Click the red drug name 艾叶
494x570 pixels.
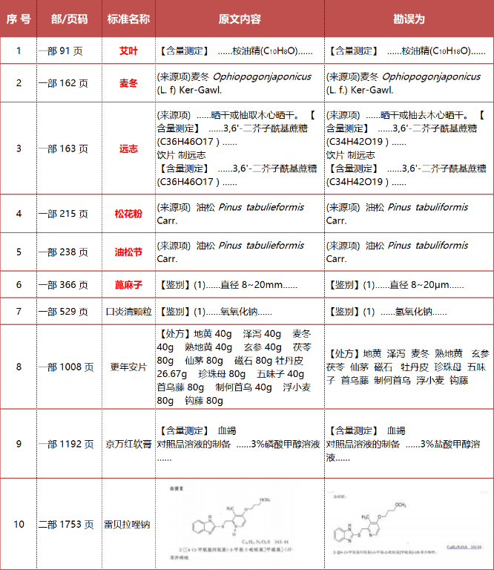point(128,51)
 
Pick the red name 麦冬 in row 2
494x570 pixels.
point(128,83)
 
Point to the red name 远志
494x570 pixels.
point(128,148)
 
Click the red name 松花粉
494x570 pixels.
point(128,214)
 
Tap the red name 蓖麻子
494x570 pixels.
point(128,285)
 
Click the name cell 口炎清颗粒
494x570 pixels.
point(128,312)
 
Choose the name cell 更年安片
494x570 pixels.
point(128,367)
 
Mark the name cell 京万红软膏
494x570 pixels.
point(128,444)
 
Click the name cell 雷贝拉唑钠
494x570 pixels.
point(128,524)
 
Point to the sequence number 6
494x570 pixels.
point(19,285)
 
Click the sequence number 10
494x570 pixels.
point(19,524)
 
